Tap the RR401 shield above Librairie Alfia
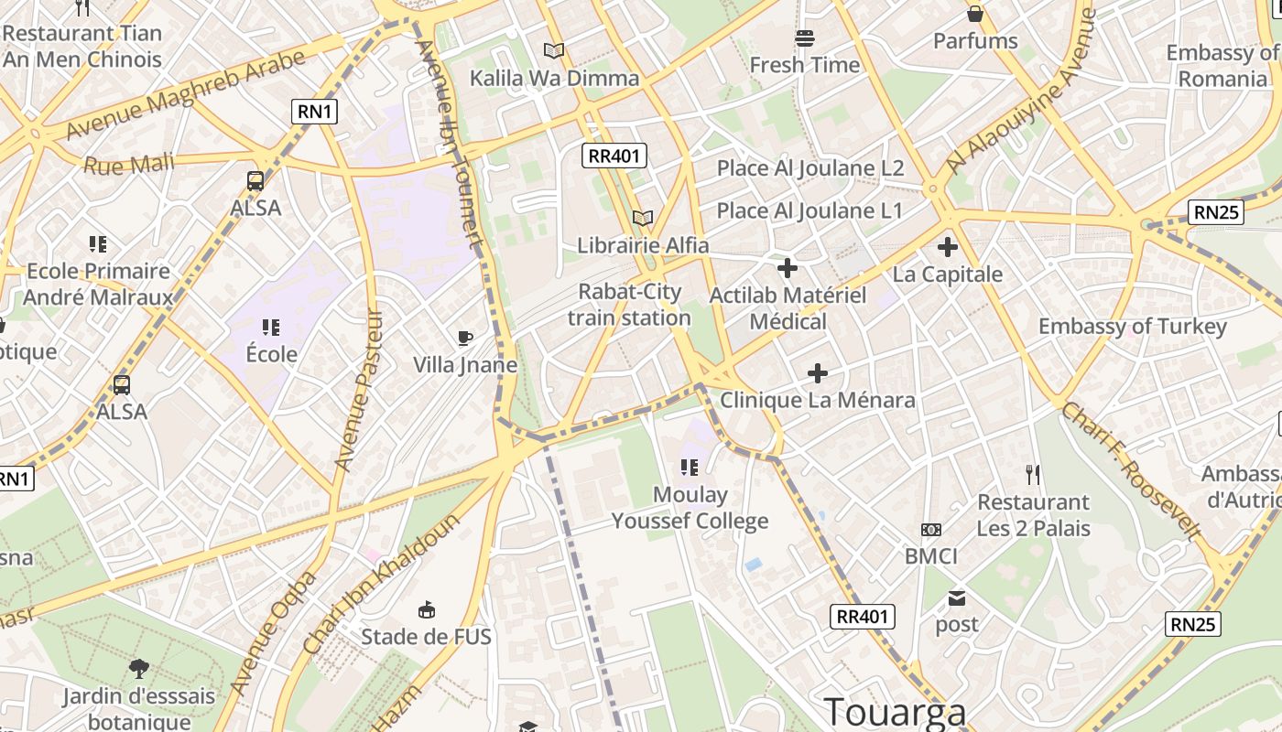pos(615,156)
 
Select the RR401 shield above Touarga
pos(863,617)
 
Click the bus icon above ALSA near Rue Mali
pos(255,181)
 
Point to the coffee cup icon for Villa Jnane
pos(465,339)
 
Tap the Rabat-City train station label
pos(629,305)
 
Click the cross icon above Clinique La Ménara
pos(818,373)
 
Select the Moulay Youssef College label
pos(690,509)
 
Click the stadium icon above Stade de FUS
pos(426,610)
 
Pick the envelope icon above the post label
pos(957,598)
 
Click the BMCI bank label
pos(930,556)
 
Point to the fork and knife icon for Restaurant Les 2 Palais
pos(1033,474)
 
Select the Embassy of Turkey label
pos(1132,327)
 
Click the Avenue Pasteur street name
pos(361,389)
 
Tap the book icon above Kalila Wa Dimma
pos(554,51)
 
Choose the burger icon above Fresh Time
pos(805,38)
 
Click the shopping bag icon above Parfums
pos(975,14)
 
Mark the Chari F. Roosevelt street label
pos(1132,471)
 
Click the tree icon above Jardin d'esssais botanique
pos(139,669)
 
